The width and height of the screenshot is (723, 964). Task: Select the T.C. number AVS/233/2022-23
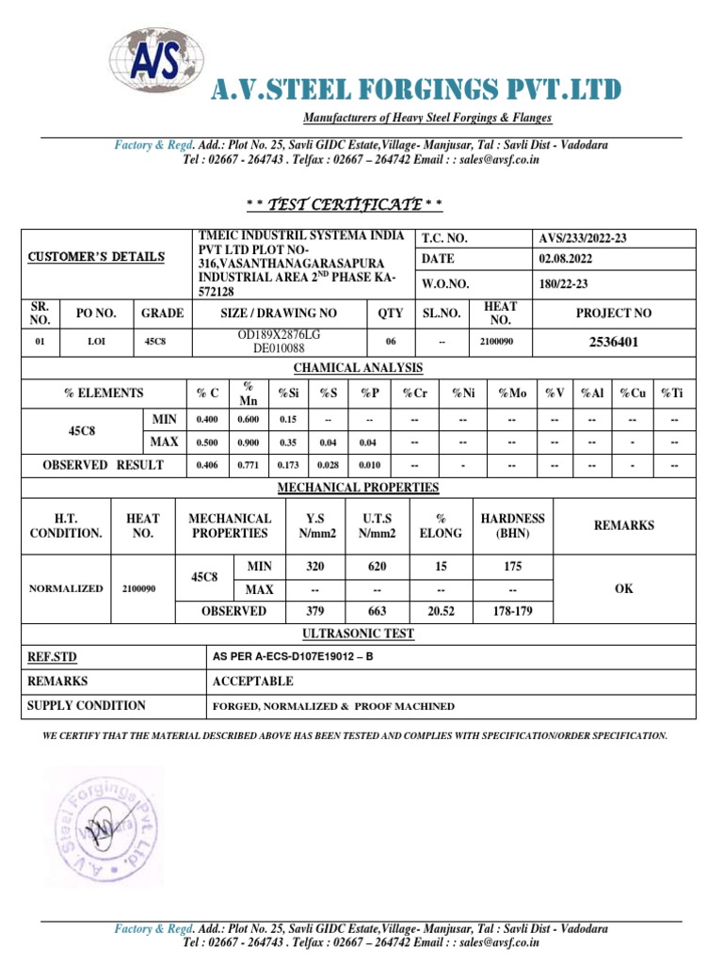click(581, 239)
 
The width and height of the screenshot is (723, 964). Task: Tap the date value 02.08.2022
click(566, 259)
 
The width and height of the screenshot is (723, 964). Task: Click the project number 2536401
click(613, 342)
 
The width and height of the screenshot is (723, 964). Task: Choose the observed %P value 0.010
click(370, 465)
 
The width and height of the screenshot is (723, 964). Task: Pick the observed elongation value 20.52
click(442, 611)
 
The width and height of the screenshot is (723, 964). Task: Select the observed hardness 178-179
click(512, 611)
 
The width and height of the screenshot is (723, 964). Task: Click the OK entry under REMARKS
click(623, 588)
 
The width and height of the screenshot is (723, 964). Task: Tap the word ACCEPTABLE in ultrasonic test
click(252, 681)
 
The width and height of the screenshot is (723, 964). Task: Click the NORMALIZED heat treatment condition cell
click(66, 588)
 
